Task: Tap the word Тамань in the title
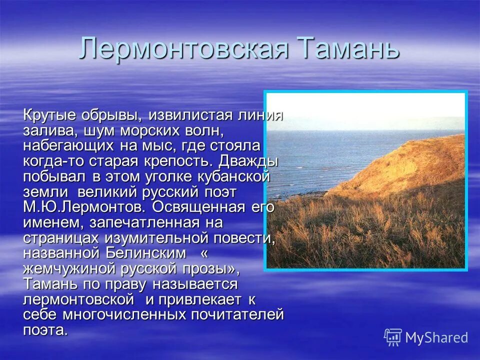click(348, 49)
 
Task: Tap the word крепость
click(181, 162)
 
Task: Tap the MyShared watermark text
click(436, 338)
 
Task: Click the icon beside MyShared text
click(393, 337)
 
